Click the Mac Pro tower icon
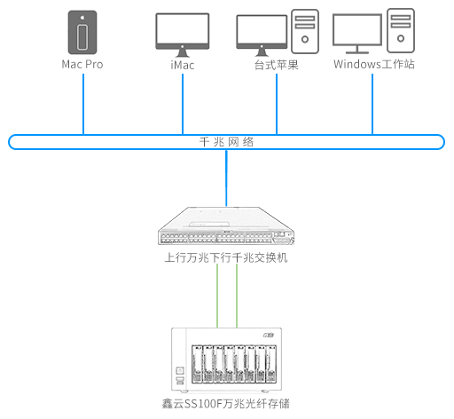click(x=82, y=32)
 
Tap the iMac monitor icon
click(x=183, y=35)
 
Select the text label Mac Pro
click(x=82, y=65)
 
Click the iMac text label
click(x=183, y=65)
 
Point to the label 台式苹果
click(x=277, y=65)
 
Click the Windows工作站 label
click(x=374, y=64)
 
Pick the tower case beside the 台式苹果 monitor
click(x=305, y=31)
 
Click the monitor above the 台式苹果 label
click(x=262, y=36)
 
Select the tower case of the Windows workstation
click(x=401, y=30)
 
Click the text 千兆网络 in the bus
click(x=226, y=142)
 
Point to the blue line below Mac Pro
click(x=83, y=104)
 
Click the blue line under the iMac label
click(x=183, y=104)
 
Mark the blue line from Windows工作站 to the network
click(x=372, y=104)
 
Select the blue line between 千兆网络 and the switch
click(x=226, y=178)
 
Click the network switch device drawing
click(x=226, y=225)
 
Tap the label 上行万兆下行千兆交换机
click(x=226, y=257)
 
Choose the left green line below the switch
click(x=217, y=296)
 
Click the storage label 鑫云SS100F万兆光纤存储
click(x=226, y=404)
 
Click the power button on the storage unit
click(x=180, y=370)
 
